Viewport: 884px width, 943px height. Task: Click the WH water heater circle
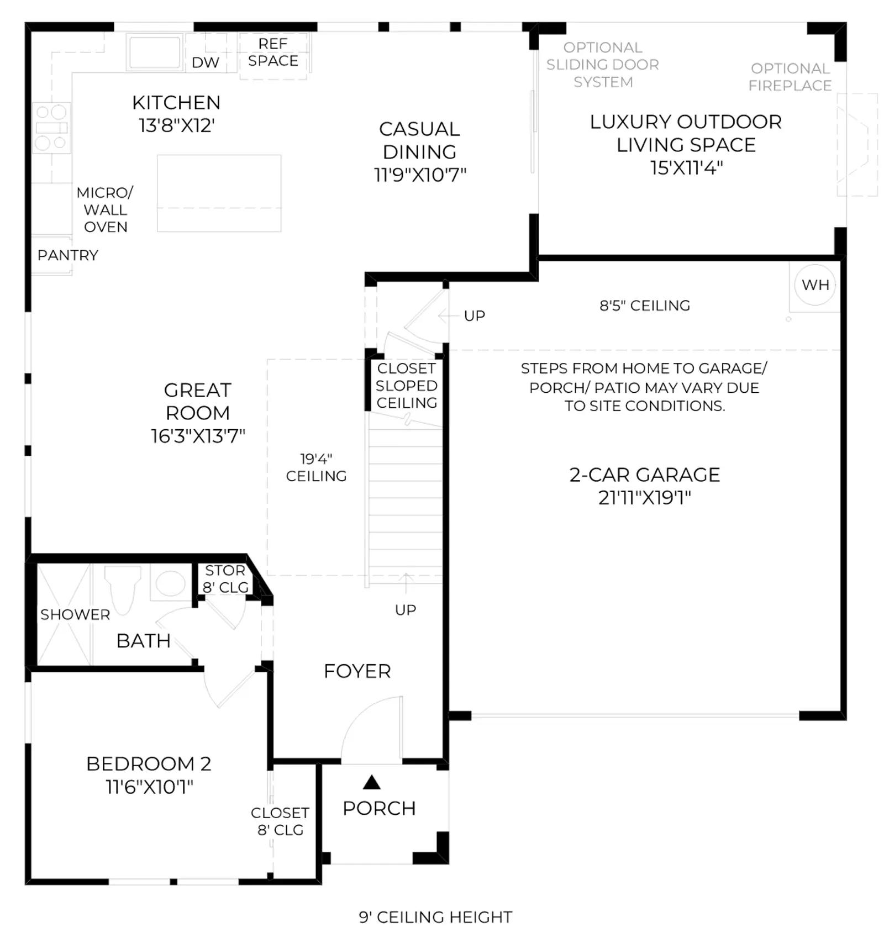tap(815, 285)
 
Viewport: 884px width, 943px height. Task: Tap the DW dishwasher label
tap(206, 62)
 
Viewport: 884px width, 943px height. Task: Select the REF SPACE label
tap(273, 52)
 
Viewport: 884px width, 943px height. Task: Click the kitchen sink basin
tap(155, 52)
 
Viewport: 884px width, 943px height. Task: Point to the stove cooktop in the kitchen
tap(51, 128)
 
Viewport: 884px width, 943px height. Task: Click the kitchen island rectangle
tap(219, 193)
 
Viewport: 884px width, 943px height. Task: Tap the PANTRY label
tap(68, 255)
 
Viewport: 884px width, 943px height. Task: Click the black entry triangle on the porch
tap(372, 782)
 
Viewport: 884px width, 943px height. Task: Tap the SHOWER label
tap(75, 614)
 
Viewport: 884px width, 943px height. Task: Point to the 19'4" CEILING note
tap(316, 467)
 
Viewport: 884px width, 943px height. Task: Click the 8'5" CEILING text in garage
tap(645, 305)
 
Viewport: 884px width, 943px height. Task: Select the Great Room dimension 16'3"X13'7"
tap(198, 436)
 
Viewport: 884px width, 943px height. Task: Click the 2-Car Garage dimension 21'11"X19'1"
tap(645, 498)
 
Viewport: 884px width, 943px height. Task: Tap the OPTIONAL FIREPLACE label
tap(790, 77)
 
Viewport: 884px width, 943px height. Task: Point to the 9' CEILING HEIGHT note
tap(435, 917)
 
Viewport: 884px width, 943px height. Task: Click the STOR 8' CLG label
tap(225, 578)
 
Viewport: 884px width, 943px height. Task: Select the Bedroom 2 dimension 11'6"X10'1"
tap(150, 787)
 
